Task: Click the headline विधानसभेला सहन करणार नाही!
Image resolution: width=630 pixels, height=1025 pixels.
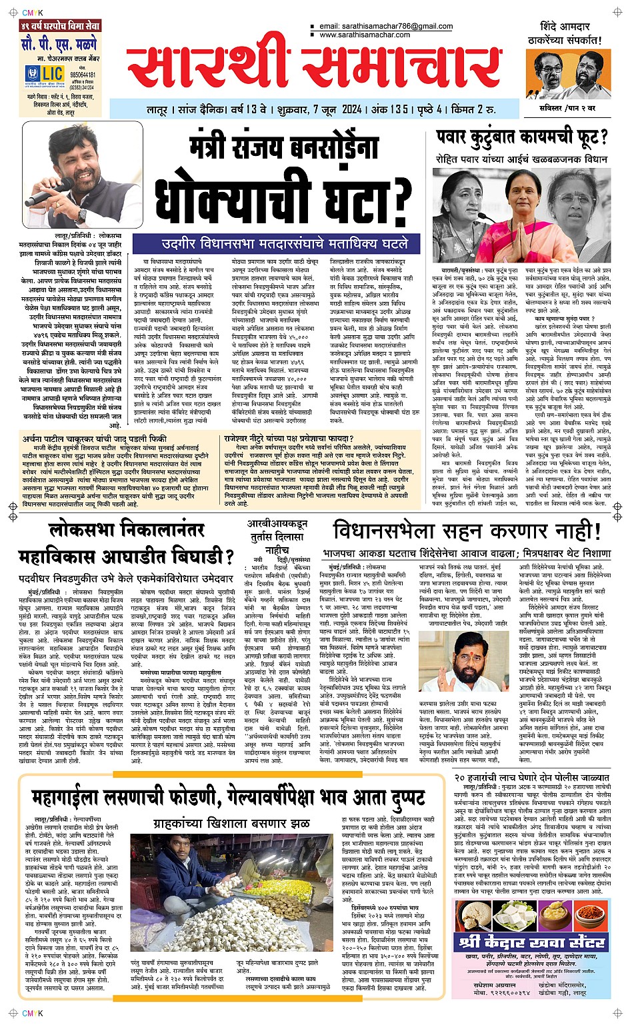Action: pyautogui.click(x=467, y=532)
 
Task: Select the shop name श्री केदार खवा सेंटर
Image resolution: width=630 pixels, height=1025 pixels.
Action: pyautogui.click(x=531, y=942)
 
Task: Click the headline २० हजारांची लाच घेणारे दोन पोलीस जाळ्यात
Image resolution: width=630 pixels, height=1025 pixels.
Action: pyautogui.click(x=531, y=778)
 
